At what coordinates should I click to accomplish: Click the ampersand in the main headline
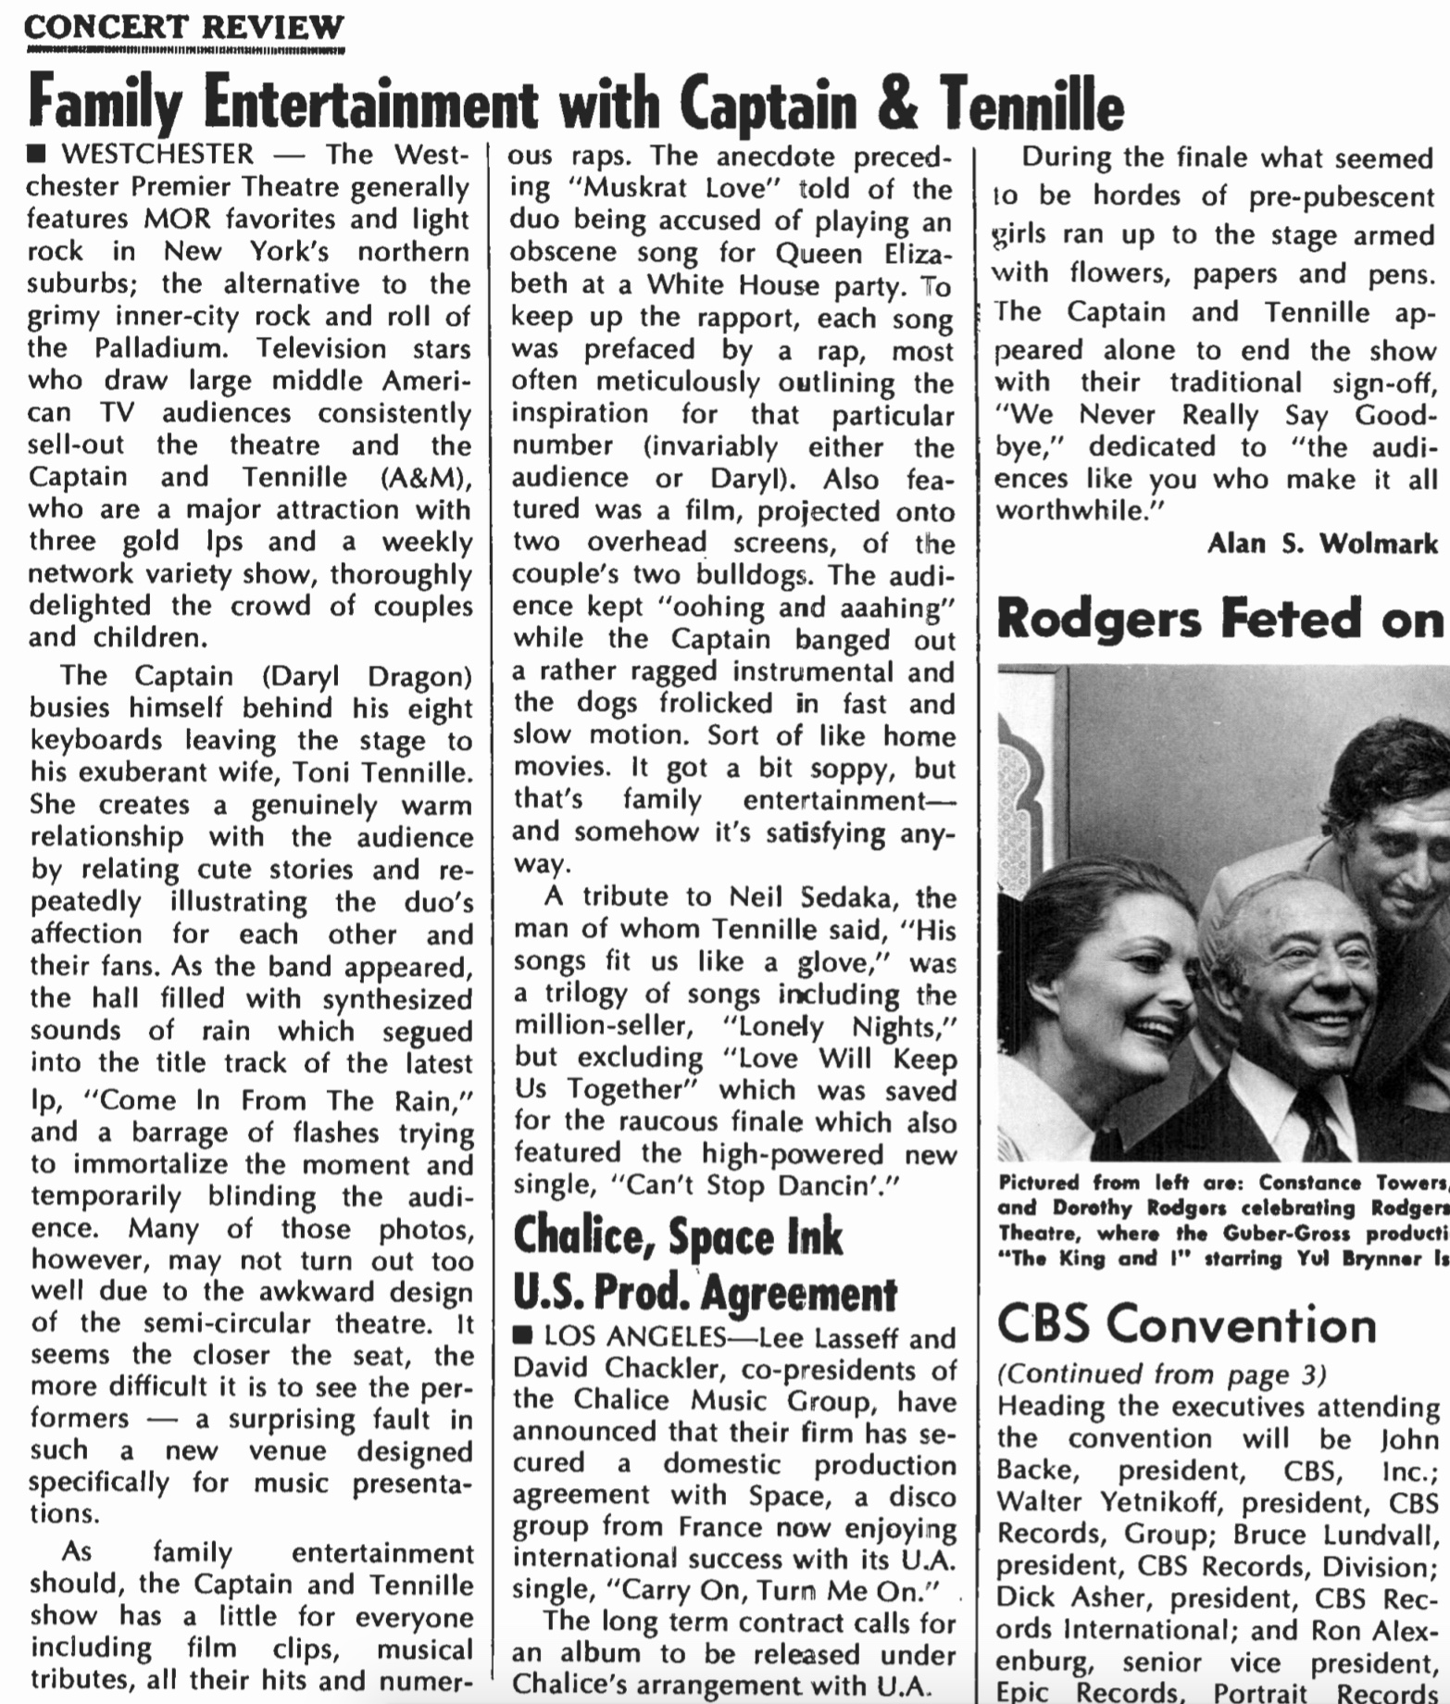coord(896,104)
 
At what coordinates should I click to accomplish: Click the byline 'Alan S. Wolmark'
coord(1322,543)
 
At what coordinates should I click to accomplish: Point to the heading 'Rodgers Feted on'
coord(1220,619)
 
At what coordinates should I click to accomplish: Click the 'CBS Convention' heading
coord(1186,1324)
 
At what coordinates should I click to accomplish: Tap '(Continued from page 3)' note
coord(1161,1374)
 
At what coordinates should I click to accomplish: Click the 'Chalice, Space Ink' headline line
coord(678,1236)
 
